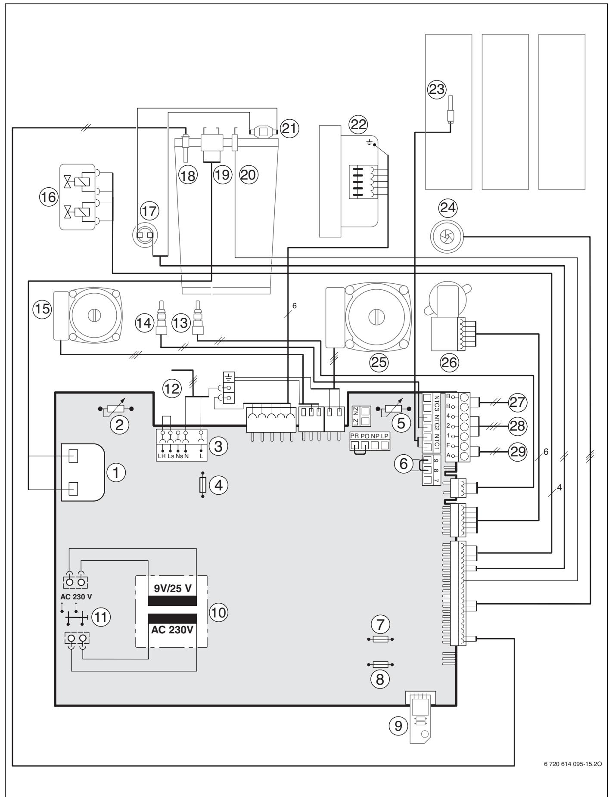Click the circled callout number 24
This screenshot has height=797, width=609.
[x=446, y=209]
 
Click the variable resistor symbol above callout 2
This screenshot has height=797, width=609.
[x=115, y=408]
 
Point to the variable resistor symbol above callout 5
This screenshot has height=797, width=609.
[x=393, y=408]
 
